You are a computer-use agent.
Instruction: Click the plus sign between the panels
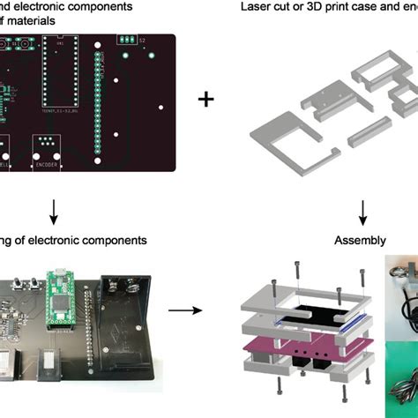tap(205, 99)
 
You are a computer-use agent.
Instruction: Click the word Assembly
tap(362, 240)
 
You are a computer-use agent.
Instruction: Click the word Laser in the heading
tap(256, 6)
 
